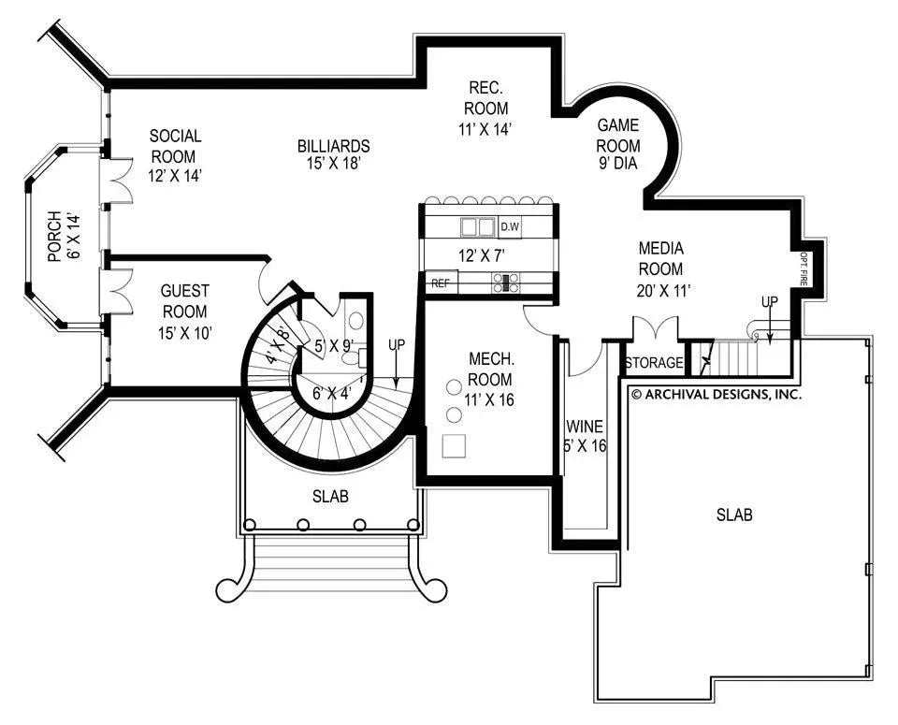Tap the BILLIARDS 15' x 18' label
[333, 154]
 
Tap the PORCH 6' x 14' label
[64, 237]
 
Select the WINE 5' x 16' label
[585, 437]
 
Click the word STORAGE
[654, 363]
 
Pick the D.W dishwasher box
[510, 226]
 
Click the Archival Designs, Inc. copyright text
[716, 395]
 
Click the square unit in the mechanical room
[455, 446]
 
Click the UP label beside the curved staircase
[397, 345]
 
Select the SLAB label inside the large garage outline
[734, 515]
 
